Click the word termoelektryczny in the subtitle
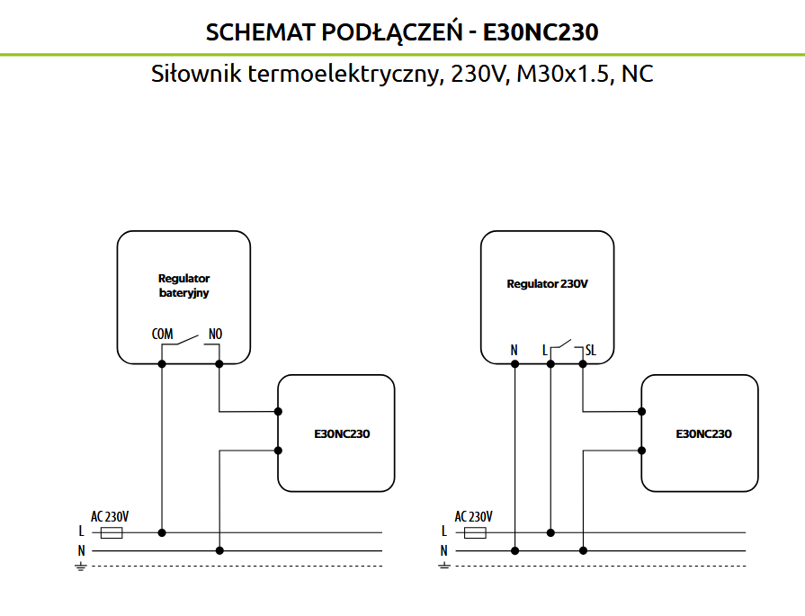[x=344, y=74]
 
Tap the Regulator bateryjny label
[x=183, y=285]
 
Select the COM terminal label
[x=162, y=335]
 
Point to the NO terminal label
[x=215, y=335]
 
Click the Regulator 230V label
[x=547, y=284]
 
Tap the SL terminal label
[x=590, y=350]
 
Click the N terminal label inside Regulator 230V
[x=514, y=350]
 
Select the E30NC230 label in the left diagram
[x=342, y=433]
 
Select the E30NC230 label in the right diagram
[x=704, y=433]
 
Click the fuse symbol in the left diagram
[x=112, y=533]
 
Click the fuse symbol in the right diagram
[x=475, y=533]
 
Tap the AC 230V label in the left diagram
[x=110, y=516]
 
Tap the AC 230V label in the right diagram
[x=473, y=516]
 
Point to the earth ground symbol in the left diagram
[x=81, y=567]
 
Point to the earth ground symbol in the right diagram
[x=444, y=567]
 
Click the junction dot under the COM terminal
[x=162, y=364]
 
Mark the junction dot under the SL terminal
[x=583, y=364]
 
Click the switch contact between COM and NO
[x=188, y=340]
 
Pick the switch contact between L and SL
[x=564, y=344]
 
